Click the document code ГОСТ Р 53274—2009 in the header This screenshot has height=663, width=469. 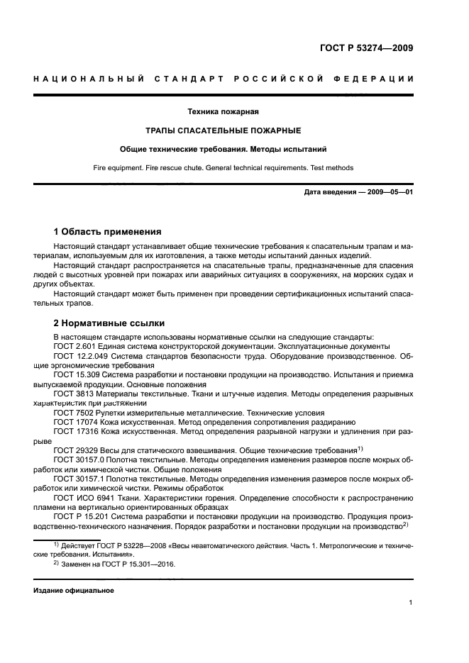tap(365, 48)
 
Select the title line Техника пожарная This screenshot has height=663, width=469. tap(222, 111)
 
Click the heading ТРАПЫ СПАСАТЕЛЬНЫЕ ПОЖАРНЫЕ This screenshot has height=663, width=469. tap(222, 130)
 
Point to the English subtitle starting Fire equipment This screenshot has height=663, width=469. tap(222, 168)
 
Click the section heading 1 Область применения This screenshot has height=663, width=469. tap(108, 232)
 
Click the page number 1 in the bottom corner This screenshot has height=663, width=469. tap(411, 603)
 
